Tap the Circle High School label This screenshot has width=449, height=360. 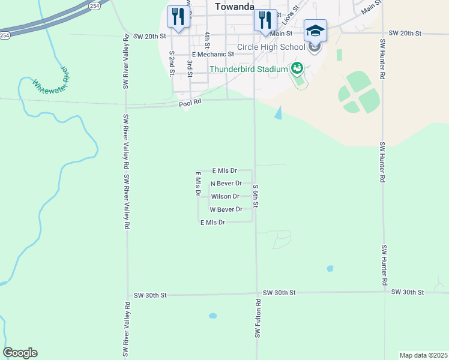coord(271,47)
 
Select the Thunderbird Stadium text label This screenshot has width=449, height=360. coord(249,69)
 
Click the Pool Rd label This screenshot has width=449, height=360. coord(190,104)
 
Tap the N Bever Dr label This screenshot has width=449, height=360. coord(226,184)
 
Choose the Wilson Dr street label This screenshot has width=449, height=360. coord(225,197)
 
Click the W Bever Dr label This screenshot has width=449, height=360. coord(226,210)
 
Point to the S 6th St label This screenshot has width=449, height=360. coord(256,196)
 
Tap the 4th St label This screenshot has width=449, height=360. coord(206,40)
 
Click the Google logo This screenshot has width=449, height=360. coord(20,353)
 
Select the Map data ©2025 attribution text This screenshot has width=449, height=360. coord(423,355)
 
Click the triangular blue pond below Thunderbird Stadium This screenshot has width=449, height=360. coord(278,112)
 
